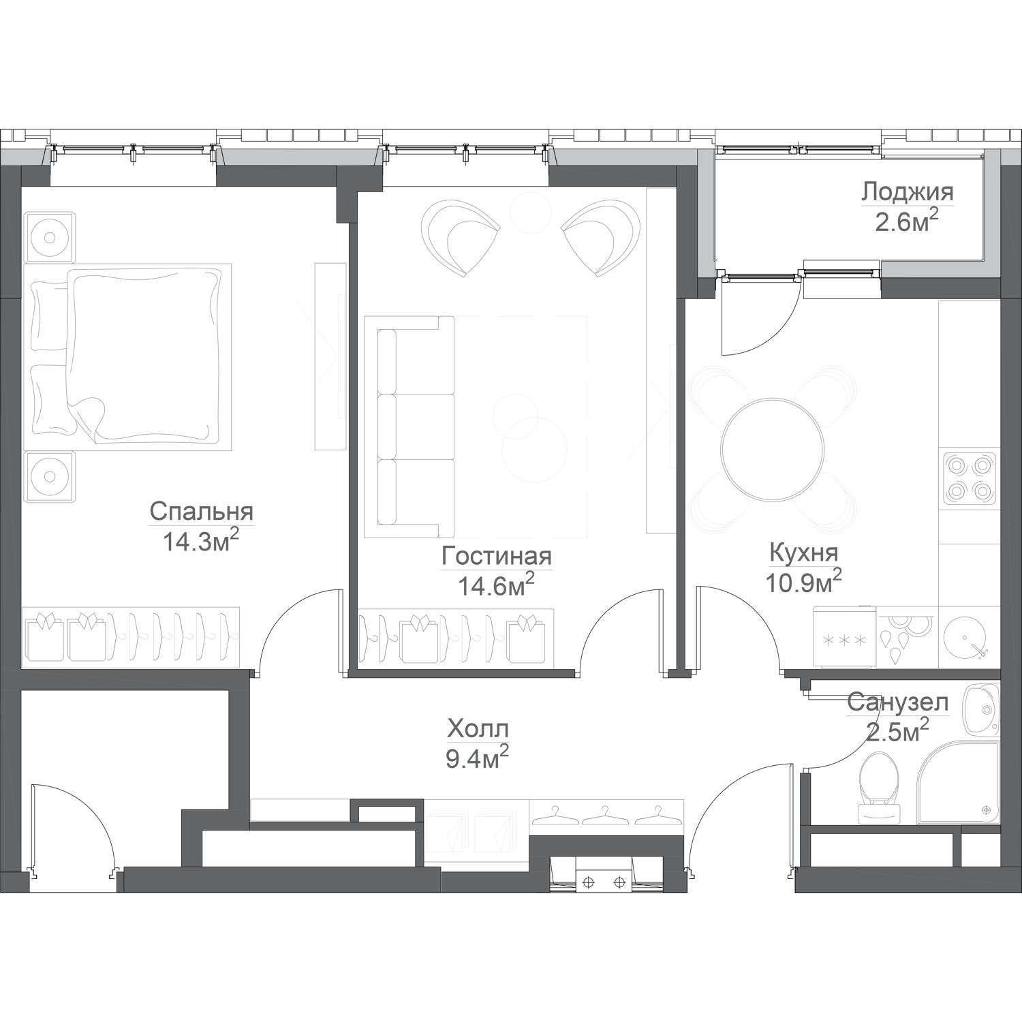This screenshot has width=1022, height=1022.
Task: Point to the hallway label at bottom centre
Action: (477, 739)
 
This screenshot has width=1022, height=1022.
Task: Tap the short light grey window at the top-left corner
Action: (25, 157)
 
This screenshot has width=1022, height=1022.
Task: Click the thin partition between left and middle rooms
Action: (353, 443)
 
